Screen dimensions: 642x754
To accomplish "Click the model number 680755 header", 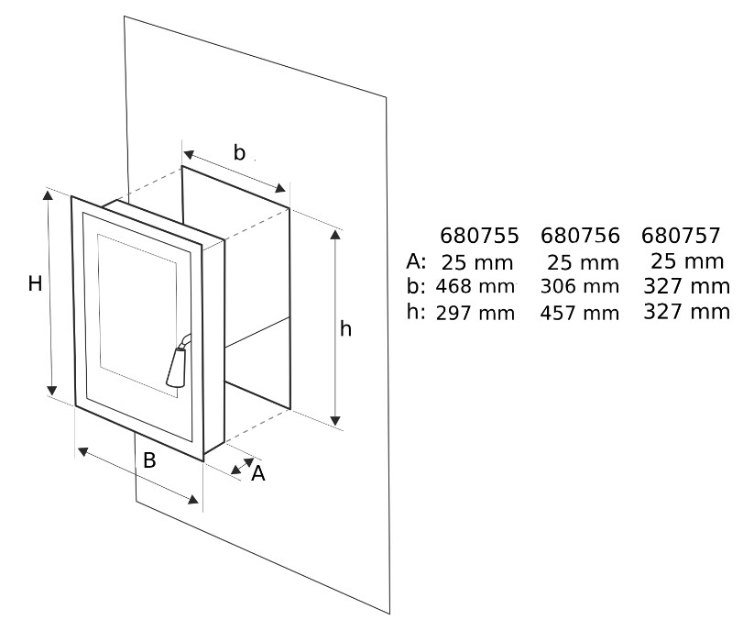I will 479,236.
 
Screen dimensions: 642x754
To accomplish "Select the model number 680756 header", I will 581,236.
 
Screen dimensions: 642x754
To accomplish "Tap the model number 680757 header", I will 682,236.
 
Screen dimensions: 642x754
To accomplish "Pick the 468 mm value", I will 475,285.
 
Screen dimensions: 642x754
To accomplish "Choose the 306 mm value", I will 581,287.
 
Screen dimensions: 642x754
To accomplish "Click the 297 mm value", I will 475,313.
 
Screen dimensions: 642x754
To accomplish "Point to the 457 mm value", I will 581,313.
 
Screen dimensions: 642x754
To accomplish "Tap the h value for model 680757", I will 687,311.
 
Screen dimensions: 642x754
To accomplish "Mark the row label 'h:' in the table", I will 417,311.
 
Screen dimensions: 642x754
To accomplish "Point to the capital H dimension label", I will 35,284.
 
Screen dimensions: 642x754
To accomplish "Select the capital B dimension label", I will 149,461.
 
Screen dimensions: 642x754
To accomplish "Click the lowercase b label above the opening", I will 239,153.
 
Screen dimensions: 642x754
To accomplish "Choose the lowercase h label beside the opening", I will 345,329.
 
